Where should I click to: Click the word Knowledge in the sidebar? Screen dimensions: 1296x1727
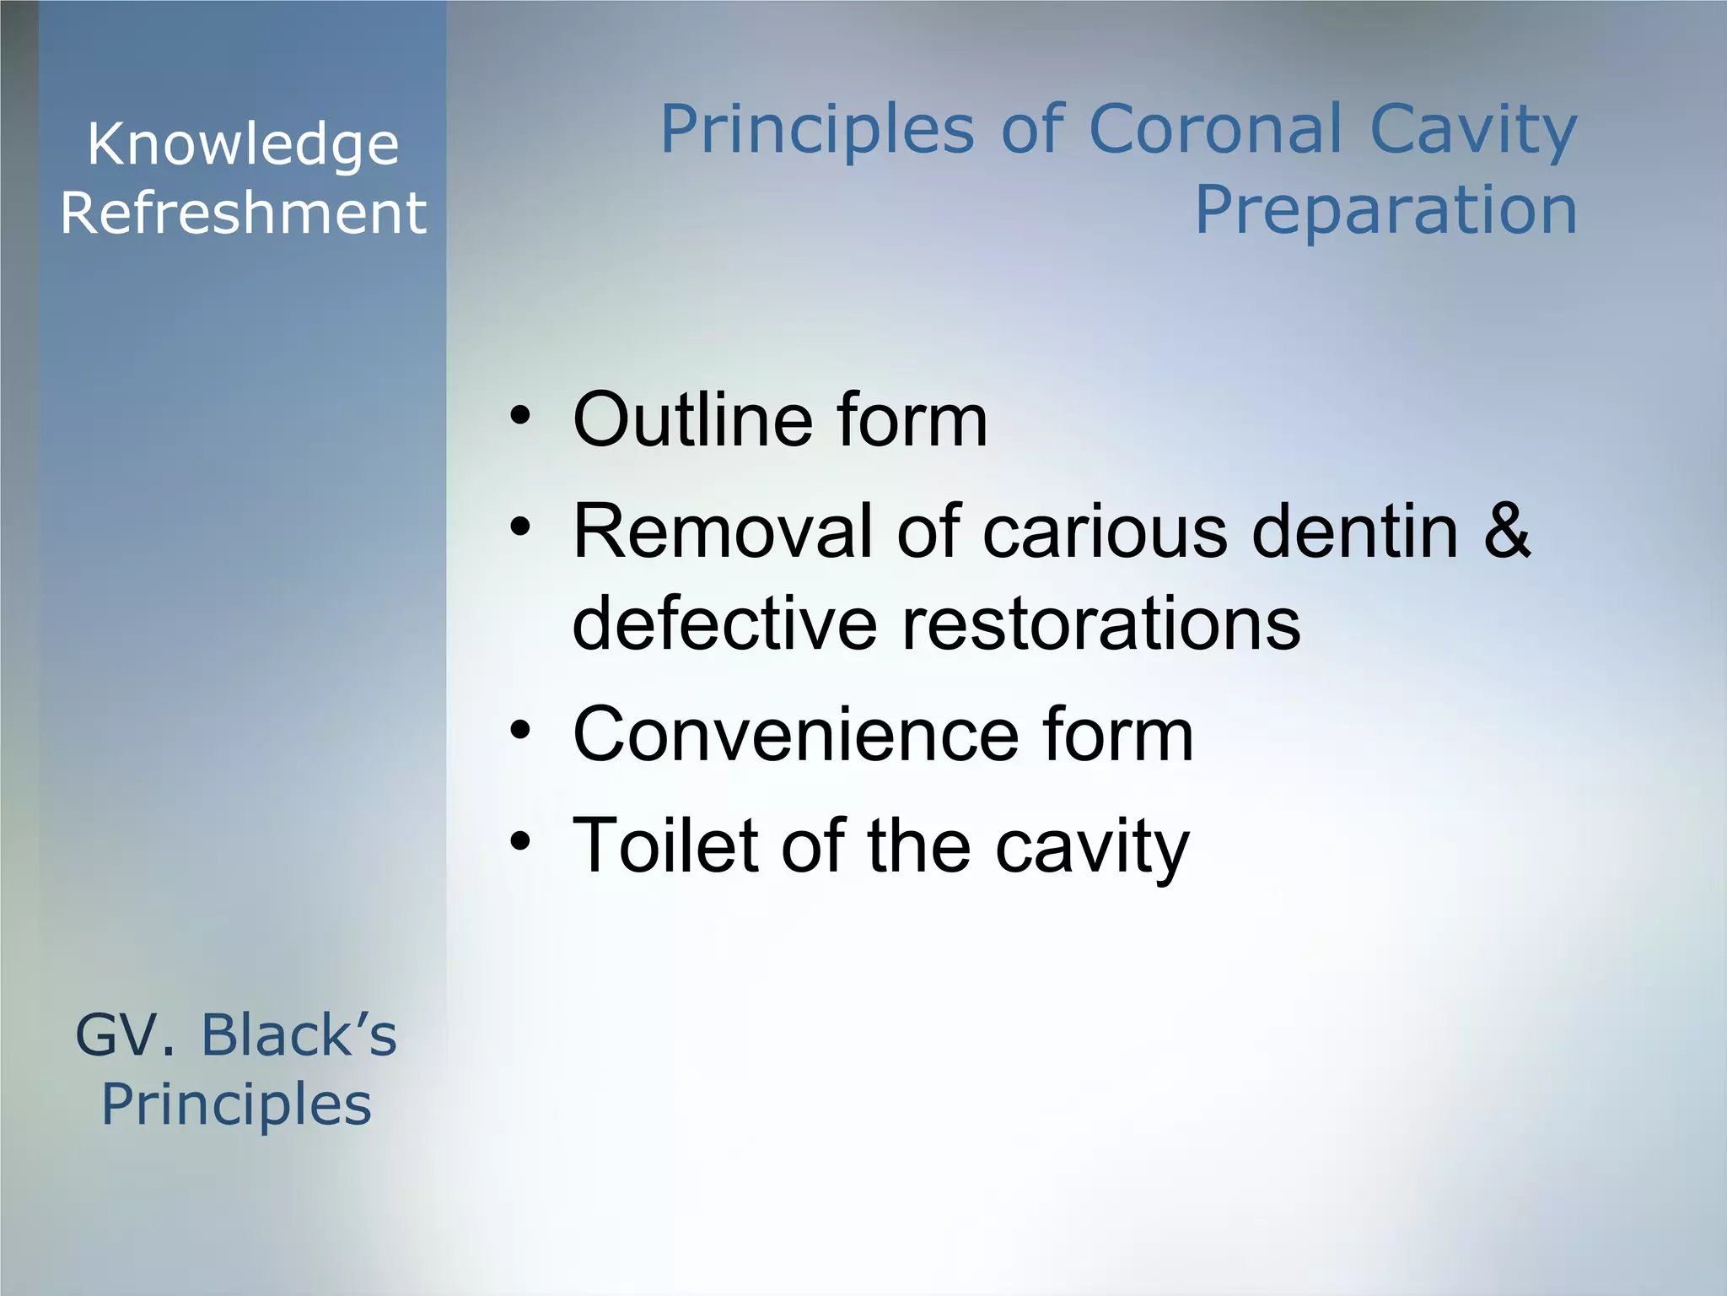click(x=243, y=145)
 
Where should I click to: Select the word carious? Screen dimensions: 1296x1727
click(x=1105, y=532)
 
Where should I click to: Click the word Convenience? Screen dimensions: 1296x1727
click(x=795, y=734)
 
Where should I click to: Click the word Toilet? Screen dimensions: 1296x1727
click(x=665, y=845)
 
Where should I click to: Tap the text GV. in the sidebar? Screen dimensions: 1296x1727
click(x=126, y=1035)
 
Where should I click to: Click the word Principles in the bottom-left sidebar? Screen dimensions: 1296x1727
click(x=236, y=1105)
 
